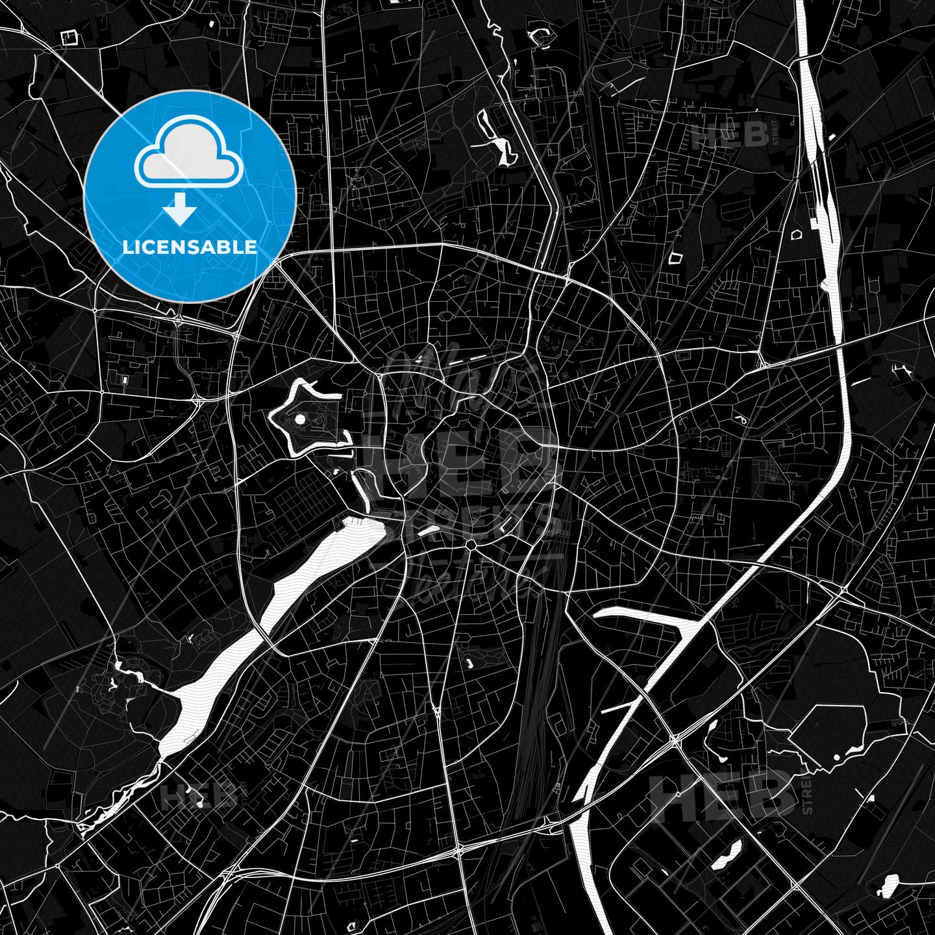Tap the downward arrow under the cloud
[180, 209]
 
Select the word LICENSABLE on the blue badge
[190, 247]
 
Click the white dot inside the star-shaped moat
[300, 421]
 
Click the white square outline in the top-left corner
[68, 38]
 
